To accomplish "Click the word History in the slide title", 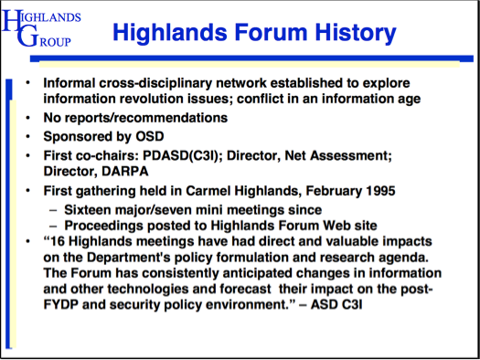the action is [356, 33].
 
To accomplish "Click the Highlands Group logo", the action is [41, 28].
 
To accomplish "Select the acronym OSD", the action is [150, 136].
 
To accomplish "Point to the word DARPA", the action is [125, 171].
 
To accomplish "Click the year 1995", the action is [380, 191].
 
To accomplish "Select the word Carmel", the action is [208, 191].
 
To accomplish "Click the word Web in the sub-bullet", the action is [336, 226].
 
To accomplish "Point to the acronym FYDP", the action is [60, 304].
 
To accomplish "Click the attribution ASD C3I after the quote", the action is [336, 304].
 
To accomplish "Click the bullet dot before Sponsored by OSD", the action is [27, 136].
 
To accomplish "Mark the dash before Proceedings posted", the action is [53, 227].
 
